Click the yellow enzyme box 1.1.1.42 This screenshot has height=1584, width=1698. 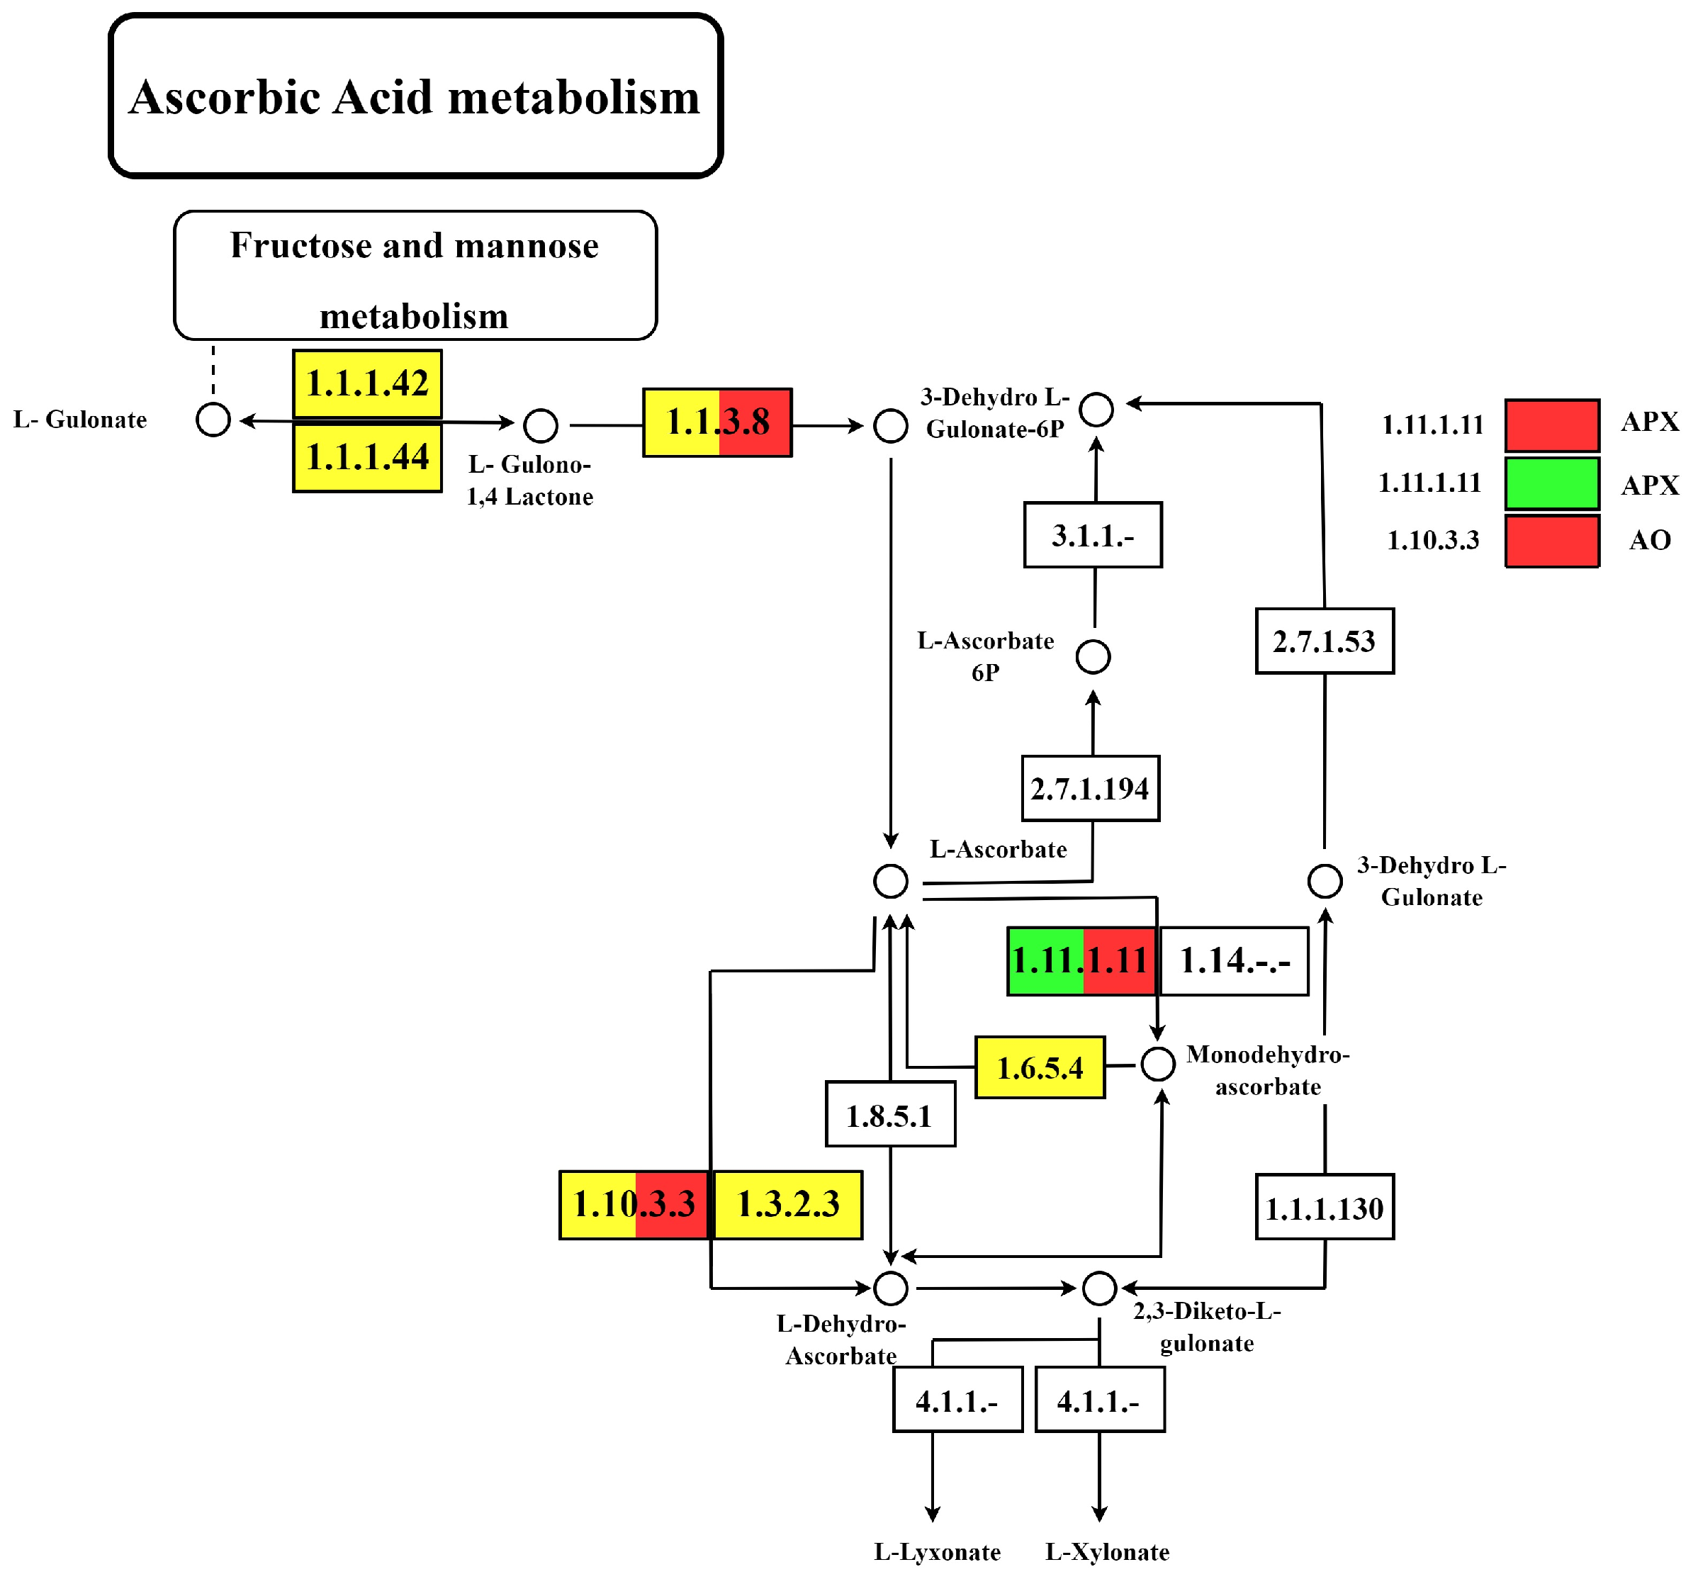click(367, 383)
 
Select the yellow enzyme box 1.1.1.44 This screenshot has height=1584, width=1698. click(367, 457)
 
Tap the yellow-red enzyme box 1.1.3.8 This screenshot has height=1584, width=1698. click(717, 423)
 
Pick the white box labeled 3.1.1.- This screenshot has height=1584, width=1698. click(1093, 536)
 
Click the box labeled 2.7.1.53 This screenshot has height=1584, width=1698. click(1325, 641)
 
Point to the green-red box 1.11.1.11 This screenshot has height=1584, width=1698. click(1081, 961)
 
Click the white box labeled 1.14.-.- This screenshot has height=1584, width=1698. click(1235, 961)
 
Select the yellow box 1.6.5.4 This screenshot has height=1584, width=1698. click(1040, 1068)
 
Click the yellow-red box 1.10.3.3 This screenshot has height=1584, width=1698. click(634, 1205)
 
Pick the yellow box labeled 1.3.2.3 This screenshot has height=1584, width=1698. click(787, 1205)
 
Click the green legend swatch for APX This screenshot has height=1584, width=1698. click(1552, 483)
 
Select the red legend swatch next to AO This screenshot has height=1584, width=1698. click(1552, 541)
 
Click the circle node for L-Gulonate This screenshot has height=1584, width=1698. click(213, 420)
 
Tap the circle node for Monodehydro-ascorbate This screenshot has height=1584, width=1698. click(1158, 1064)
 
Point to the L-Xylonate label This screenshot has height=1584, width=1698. click(1108, 1551)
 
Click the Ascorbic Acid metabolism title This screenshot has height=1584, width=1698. click(415, 96)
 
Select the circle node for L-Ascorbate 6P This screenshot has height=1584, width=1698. click(1093, 657)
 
